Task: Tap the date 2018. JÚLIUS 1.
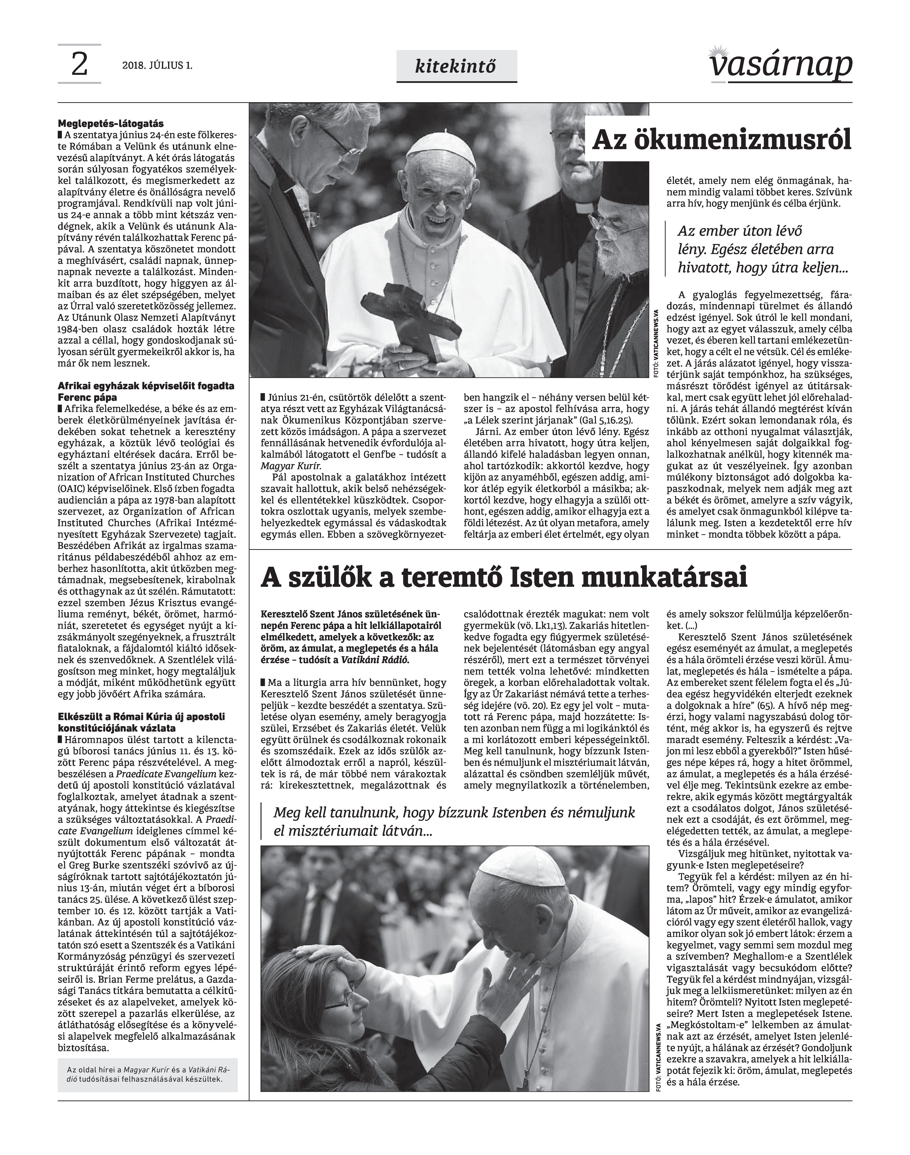(x=157, y=66)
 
